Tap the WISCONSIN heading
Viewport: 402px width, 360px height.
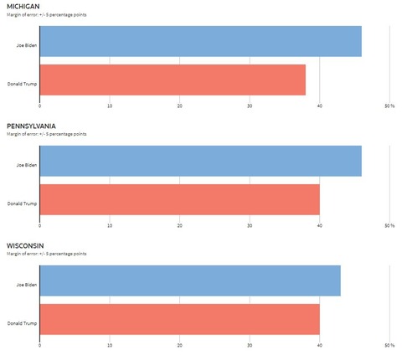(24, 246)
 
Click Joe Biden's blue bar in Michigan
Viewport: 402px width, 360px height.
(200, 41)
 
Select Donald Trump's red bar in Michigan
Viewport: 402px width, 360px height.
(173, 80)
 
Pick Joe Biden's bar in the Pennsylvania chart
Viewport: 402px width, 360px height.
(200, 161)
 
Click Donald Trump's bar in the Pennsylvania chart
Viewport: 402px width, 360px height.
(179, 199)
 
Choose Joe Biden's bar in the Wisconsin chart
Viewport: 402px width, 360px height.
(190, 280)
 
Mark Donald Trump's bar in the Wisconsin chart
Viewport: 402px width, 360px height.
(179, 319)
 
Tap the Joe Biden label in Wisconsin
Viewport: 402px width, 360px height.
(27, 284)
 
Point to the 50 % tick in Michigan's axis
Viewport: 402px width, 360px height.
(389, 106)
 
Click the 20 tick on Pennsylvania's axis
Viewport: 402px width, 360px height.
(180, 226)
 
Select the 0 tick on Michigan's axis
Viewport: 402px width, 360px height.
(40, 106)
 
